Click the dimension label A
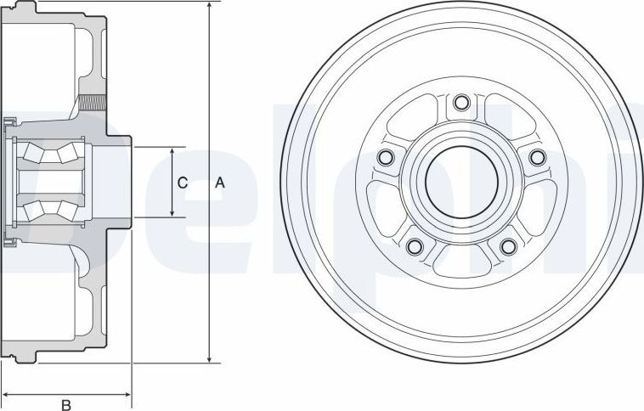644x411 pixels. tap(220, 183)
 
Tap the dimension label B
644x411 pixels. tap(66, 404)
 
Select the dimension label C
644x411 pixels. tap(182, 183)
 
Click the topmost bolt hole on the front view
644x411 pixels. tap(461, 104)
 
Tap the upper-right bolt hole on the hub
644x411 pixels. tap(536, 157)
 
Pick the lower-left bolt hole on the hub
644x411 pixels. tap(415, 246)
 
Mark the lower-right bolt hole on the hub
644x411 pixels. tap(508, 246)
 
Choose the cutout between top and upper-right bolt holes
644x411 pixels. tap(505, 119)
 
